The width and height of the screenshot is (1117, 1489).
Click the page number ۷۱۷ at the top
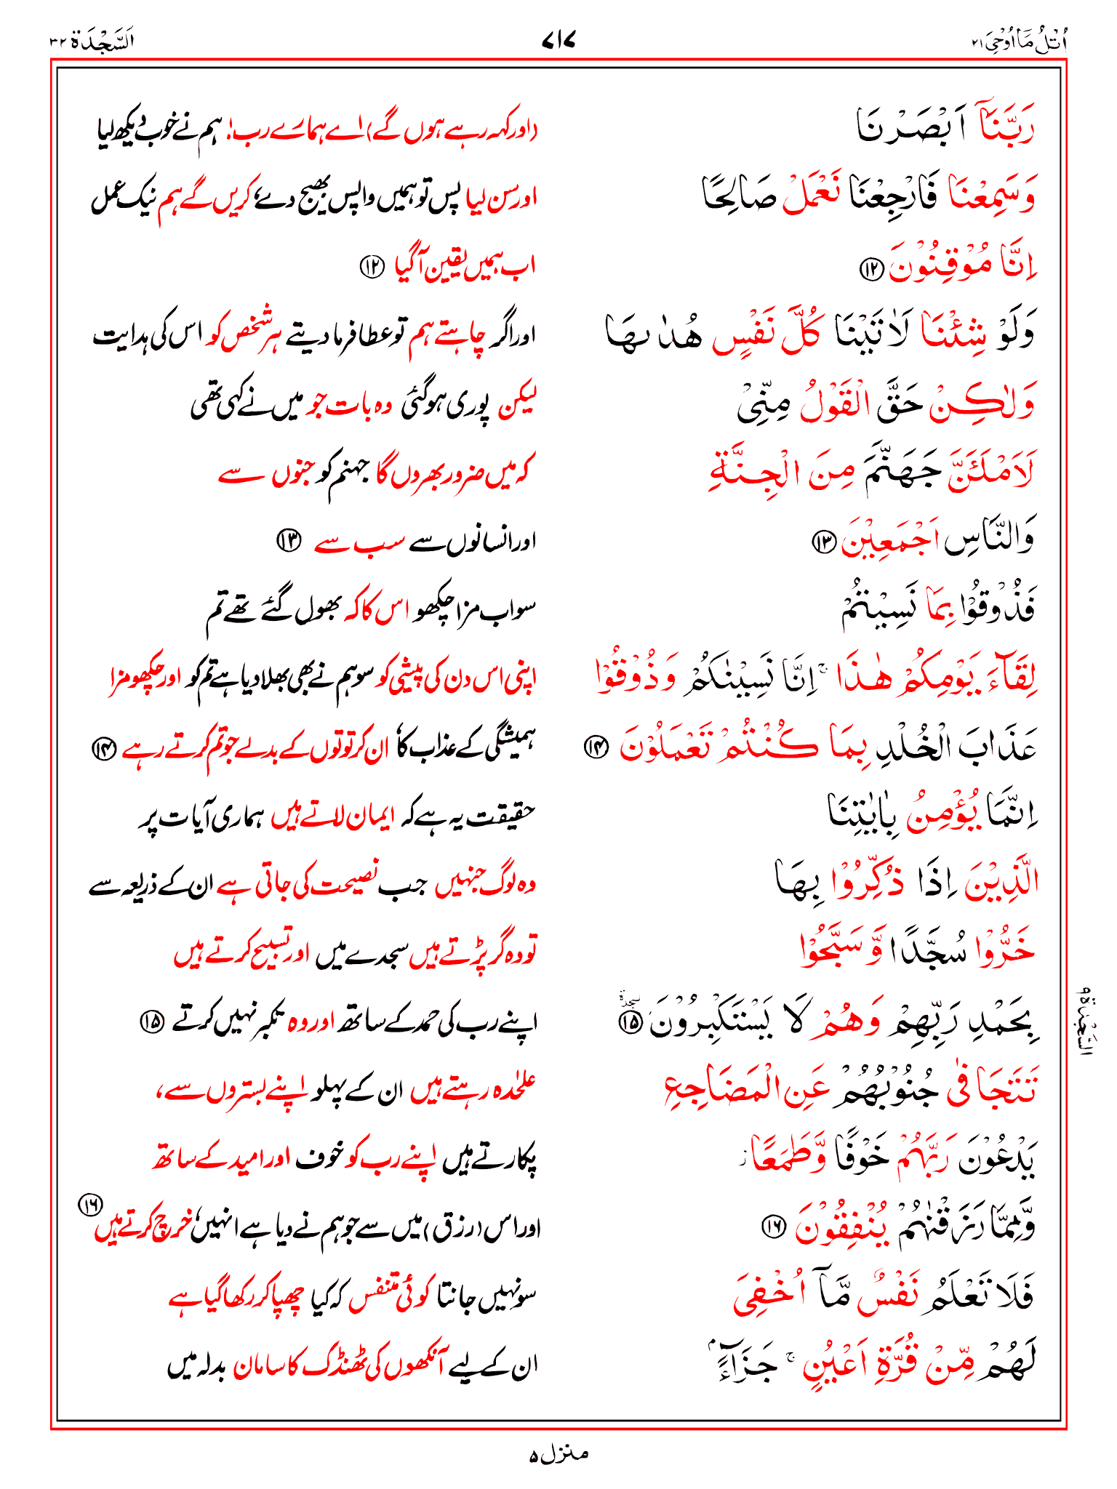[558, 42]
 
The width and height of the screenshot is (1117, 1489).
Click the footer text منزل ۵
[558, 1454]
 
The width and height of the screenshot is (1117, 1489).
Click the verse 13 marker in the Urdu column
[289, 541]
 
